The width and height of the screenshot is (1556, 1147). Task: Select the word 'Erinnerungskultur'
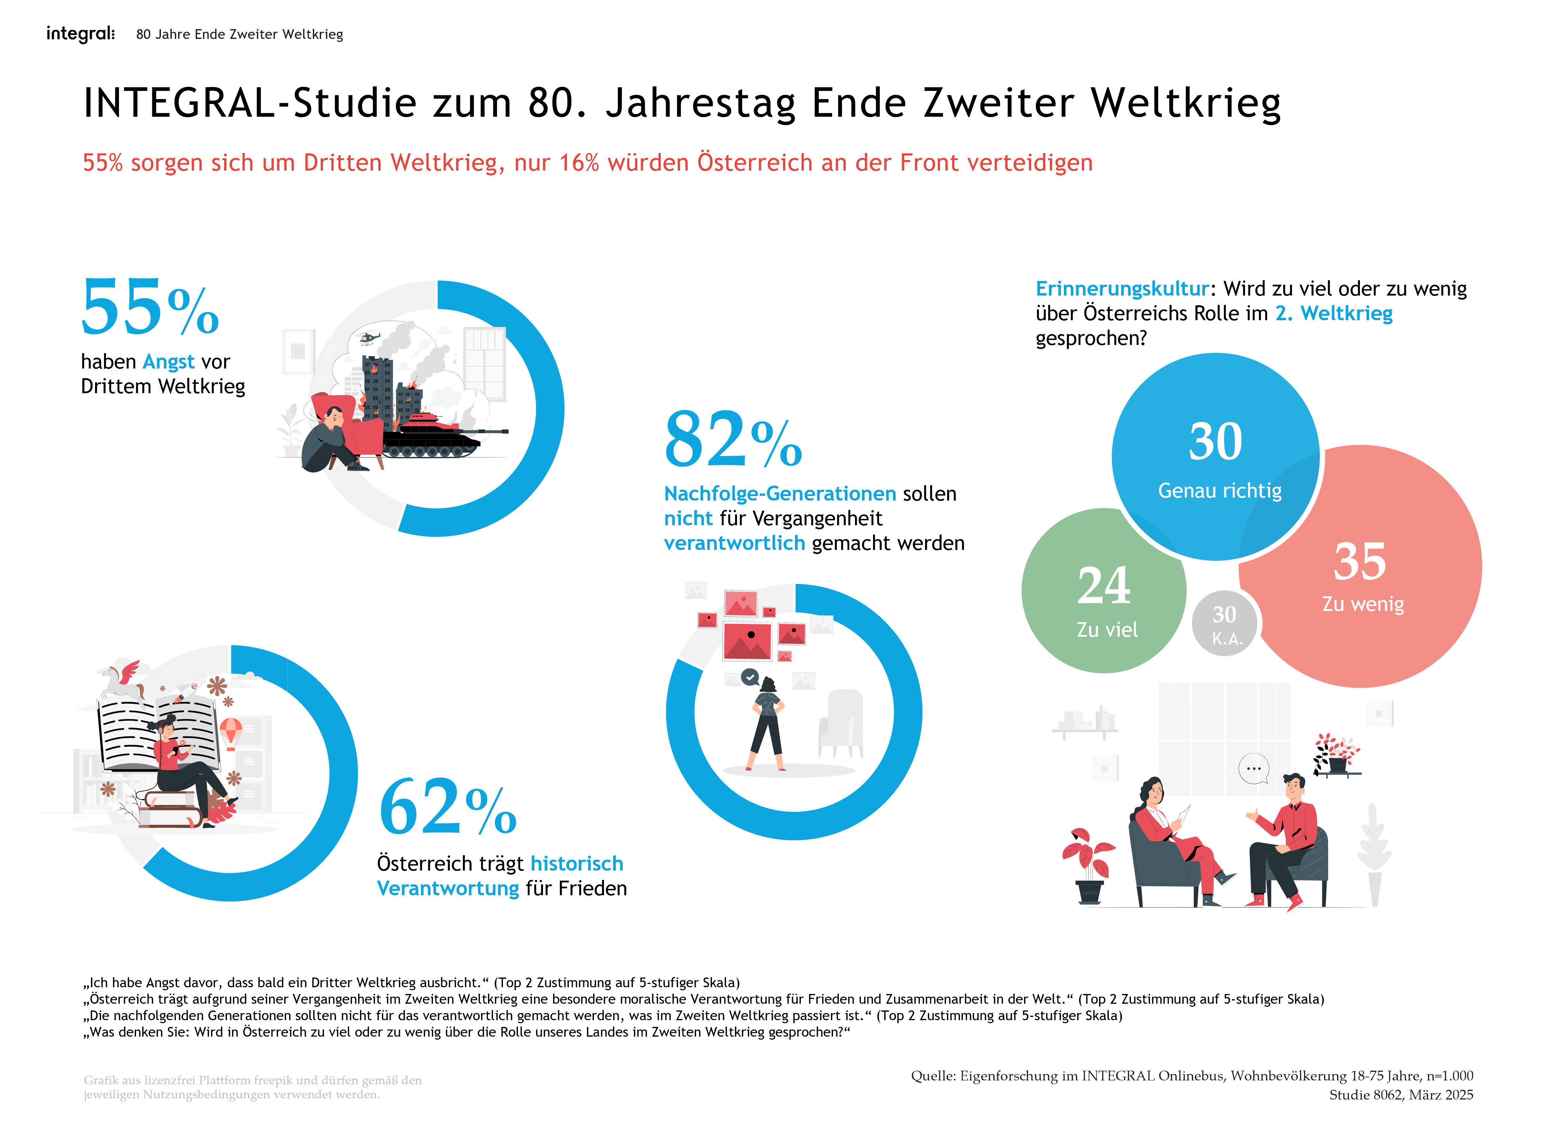tap(1122, 289)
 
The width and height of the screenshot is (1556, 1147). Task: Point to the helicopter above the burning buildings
tap(367, 338)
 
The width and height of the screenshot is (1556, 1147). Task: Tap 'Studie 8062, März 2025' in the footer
tap(1400, 1095)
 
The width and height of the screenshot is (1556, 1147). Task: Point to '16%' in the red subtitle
tap(579, 163)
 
